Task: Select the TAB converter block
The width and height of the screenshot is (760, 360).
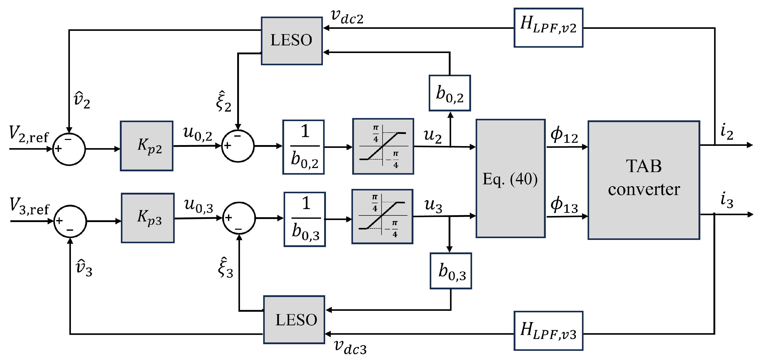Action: click(643, 180)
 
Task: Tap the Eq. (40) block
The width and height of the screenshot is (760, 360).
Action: click(510, 178)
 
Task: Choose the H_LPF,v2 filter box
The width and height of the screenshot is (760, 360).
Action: click(548, 28)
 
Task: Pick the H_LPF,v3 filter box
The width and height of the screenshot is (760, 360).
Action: click(548, 330)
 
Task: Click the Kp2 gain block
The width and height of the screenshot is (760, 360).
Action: click(147, 146)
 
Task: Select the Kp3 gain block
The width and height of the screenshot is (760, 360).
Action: click(147, 218)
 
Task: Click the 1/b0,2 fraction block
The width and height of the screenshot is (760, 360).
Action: click(303, 147)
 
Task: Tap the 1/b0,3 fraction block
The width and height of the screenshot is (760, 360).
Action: click(305, 219)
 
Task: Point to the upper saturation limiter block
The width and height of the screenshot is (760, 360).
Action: click(383, 146)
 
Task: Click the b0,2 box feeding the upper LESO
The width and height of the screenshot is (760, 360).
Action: click(450, 93)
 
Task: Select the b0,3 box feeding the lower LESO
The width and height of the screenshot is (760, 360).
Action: click(450, 271)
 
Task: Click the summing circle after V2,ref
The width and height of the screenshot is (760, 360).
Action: click(69, 149)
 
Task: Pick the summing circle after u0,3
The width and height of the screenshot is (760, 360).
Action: click(239, 218)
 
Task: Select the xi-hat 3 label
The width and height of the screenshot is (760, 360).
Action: click(225, 268)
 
